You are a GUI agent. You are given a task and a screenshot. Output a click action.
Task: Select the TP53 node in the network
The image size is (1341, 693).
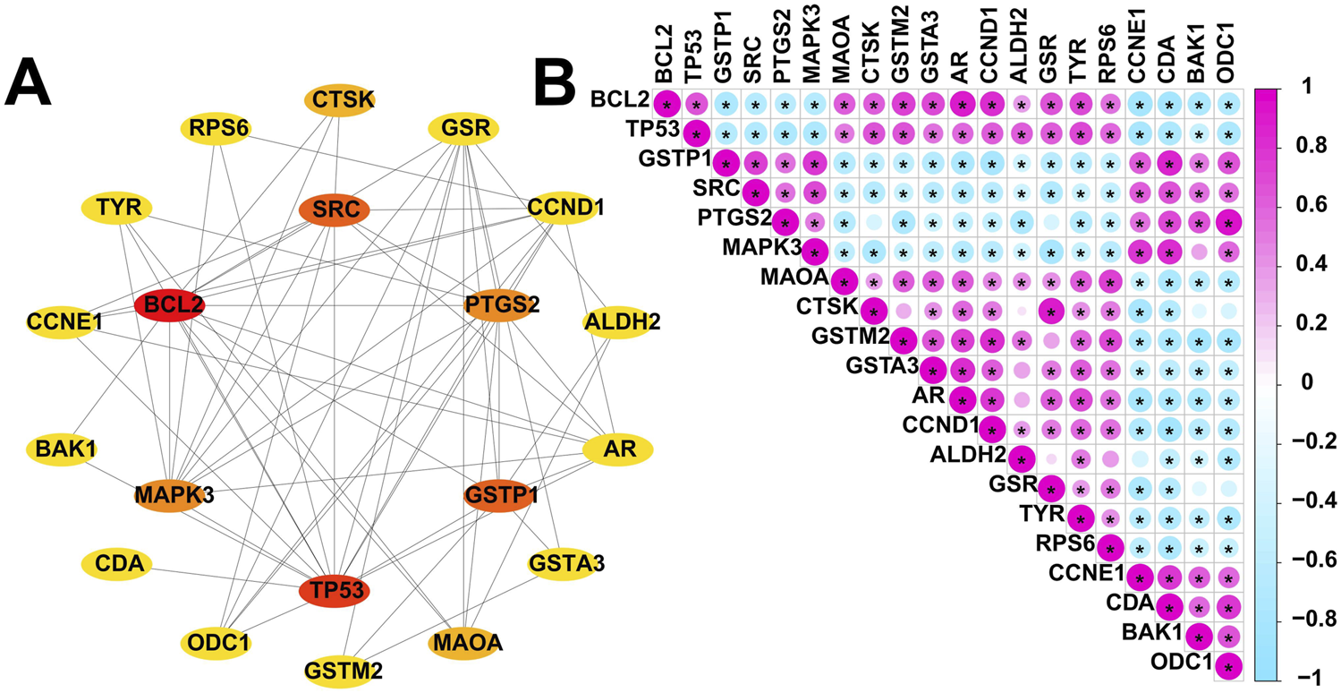pos(334,590)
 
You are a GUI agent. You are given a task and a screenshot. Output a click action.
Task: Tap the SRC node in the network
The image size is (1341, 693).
pos(334,211)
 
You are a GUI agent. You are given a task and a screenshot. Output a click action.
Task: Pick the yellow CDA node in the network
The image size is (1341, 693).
pos(117,564)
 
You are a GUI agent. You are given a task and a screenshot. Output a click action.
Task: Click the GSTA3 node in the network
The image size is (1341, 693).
pos(566,564)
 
